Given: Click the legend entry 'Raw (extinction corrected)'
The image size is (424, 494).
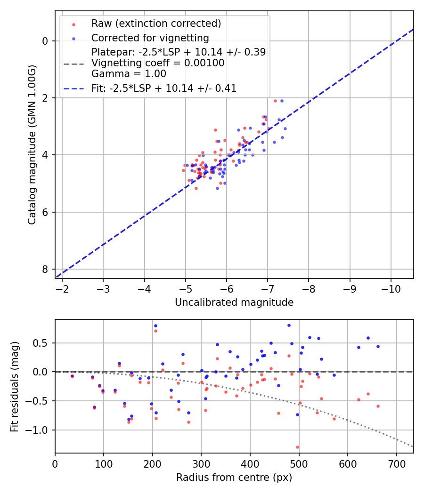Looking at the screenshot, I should point(156,24).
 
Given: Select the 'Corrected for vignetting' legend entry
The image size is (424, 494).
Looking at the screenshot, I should point(150,38).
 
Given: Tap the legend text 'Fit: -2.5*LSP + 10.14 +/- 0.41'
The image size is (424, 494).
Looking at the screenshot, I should point(164,88).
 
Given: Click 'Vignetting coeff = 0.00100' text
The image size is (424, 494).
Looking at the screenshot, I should point(158,63).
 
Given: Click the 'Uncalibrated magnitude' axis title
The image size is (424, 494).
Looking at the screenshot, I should point(234,303).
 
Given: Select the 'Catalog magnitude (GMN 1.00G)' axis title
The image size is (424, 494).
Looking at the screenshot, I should point(32,144).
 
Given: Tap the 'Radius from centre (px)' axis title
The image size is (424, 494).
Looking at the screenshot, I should point(234,478).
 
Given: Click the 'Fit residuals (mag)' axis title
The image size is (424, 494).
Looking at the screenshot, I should point(15,386).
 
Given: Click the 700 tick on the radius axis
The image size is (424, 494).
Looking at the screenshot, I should point(396,463).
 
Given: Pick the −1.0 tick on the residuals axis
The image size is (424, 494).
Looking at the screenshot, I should point(40,430).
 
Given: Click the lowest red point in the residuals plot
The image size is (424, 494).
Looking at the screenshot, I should point(297,447).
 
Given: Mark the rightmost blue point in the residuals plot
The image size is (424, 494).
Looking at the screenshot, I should point(378,346).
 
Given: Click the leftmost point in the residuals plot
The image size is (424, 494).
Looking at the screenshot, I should point(72,376).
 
